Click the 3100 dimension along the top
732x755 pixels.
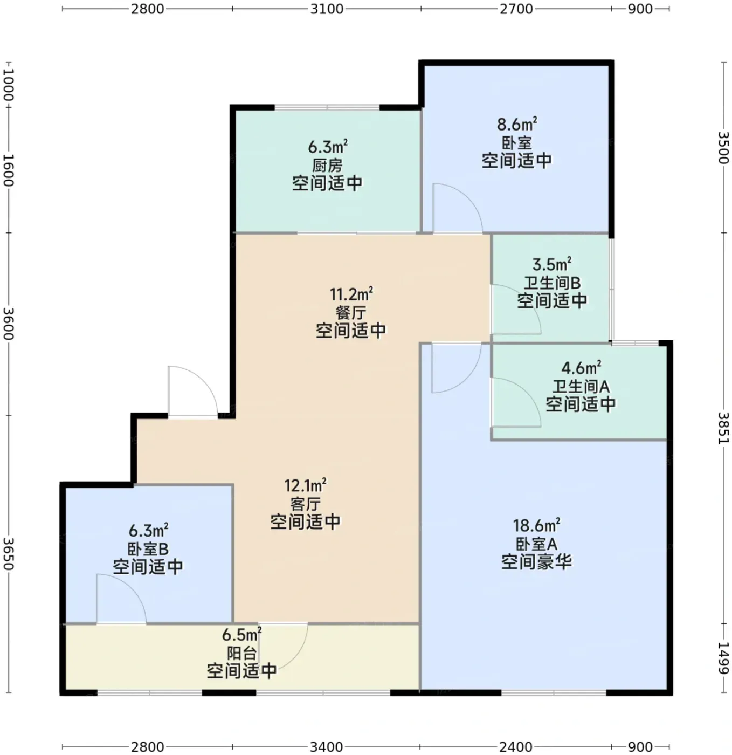[327, 9]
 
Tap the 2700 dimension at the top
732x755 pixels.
[516, 9]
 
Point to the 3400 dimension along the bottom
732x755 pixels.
[327, 746]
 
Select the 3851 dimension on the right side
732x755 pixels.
[723, 428]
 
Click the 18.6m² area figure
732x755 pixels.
[536, 525]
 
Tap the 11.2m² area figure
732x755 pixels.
[351, 294]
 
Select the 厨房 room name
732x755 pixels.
[328, 166]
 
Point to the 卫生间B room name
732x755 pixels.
[552, 283]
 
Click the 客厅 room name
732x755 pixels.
[306, 504]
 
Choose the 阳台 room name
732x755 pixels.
[242, 654]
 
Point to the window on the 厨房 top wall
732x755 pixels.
[327, 107]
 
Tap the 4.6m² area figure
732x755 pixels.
[581, 367]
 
